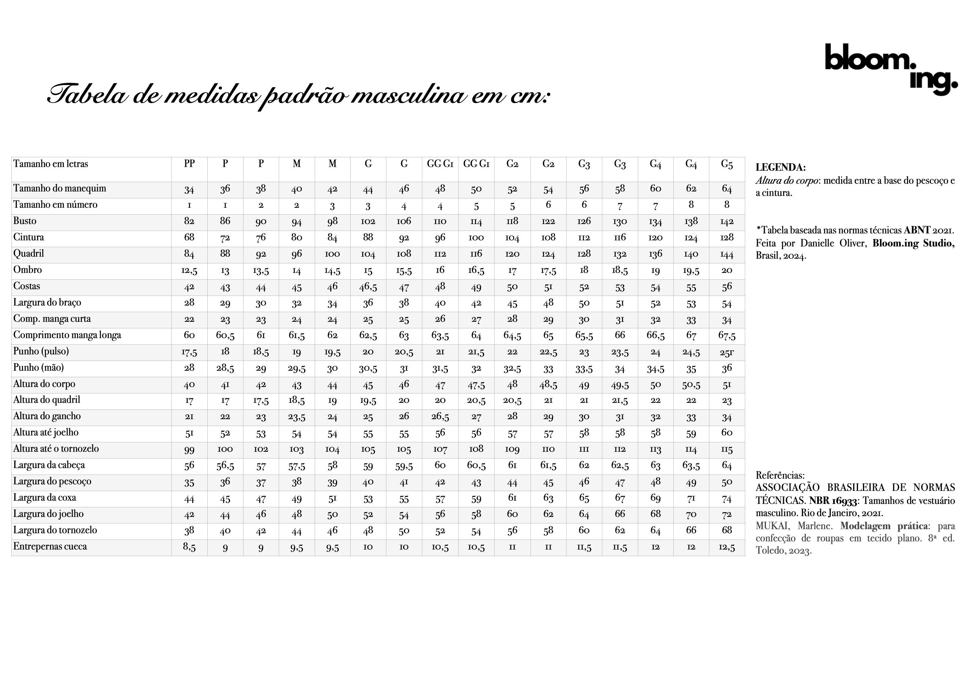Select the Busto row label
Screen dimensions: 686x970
(25, 221)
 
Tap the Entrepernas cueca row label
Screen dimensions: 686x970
(50, 547)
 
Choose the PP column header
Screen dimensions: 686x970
(189, 164)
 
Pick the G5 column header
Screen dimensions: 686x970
(726, 164)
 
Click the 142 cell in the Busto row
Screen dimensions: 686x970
(726, 222)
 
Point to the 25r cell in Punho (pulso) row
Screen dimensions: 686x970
(726, 352)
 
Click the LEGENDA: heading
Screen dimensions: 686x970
(780, 167)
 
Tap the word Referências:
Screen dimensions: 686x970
(780, 475)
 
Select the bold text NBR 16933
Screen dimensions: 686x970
(833, 501)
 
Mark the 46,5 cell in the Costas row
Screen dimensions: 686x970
(368, 287)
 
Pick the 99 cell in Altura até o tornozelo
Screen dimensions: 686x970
(189, 450)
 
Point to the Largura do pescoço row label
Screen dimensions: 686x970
(52, 482)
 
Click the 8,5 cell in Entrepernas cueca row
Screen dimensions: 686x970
(189, 547)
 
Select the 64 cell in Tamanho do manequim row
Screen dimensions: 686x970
(726, 189)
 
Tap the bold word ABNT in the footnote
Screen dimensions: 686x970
(917, 230)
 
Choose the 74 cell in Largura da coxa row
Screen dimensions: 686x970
(726, 499)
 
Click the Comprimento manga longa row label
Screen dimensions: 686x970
(67, 335)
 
